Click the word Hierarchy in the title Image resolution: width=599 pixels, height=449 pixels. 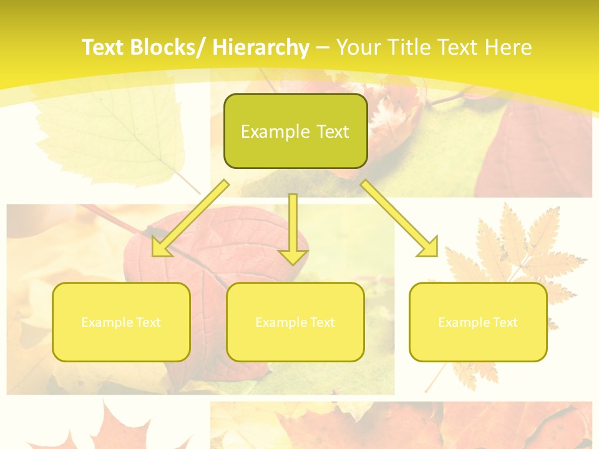(261, 47)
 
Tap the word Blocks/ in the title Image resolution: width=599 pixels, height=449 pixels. (168, 47)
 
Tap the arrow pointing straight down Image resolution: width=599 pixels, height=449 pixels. (293, 224)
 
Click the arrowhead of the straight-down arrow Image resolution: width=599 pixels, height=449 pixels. (293, 256)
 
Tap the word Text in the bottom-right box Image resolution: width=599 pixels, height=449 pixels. (504, 322)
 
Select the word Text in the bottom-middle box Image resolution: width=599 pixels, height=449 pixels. (321, 322)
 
